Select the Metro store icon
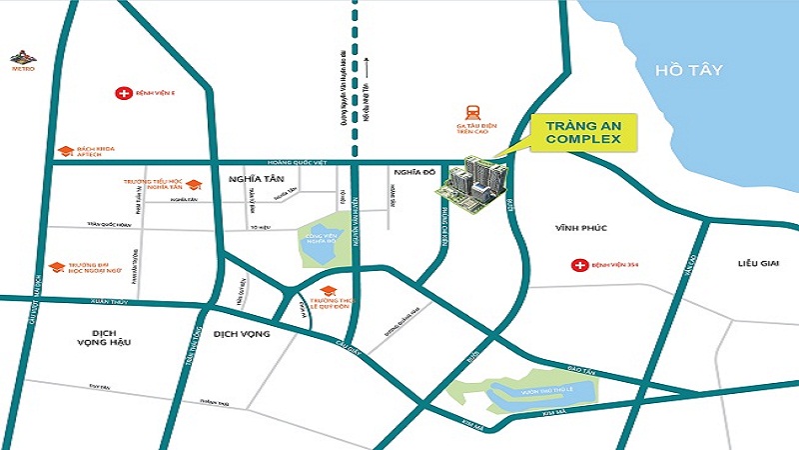(22, 58)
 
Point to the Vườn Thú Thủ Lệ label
(548, 384)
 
